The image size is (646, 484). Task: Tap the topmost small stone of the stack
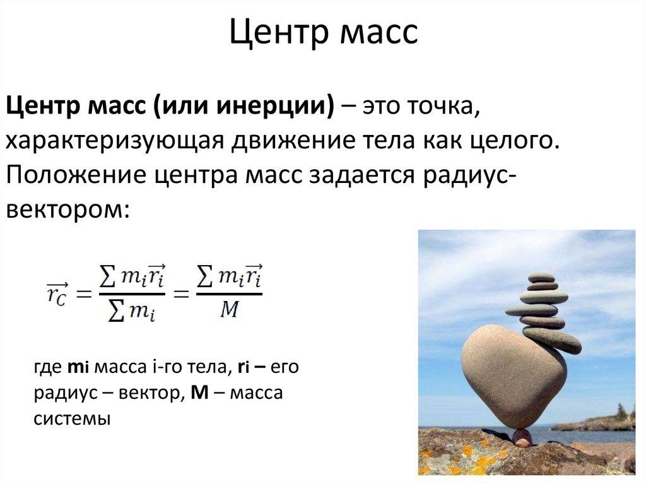click(x=541, y=277)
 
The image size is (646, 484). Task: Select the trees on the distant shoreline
click(x=621, y=413)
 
